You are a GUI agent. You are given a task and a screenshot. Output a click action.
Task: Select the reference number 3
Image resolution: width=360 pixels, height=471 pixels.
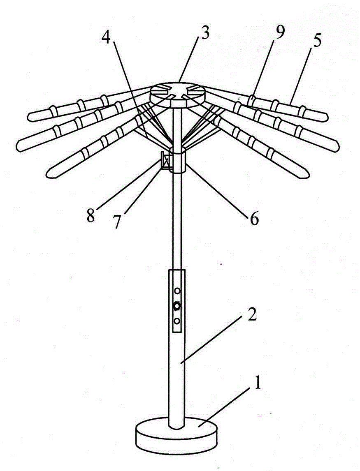205,35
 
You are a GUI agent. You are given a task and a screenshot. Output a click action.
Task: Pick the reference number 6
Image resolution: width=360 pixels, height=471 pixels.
254,219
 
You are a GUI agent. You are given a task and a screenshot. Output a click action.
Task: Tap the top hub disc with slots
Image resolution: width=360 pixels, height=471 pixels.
177,94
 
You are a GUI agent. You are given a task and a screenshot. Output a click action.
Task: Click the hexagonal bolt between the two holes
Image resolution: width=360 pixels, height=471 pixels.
177,306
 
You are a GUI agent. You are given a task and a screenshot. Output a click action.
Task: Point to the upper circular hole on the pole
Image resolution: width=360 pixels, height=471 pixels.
177,291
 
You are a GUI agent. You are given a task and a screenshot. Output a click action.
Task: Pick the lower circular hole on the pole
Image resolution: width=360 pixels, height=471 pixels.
177,321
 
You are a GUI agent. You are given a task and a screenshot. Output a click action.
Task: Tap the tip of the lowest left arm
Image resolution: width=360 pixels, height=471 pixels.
48,174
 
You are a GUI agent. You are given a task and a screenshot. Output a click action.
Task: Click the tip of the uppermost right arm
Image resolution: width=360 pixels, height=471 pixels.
327,117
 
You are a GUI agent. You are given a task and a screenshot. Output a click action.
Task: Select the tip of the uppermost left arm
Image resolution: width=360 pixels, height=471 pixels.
28,117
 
